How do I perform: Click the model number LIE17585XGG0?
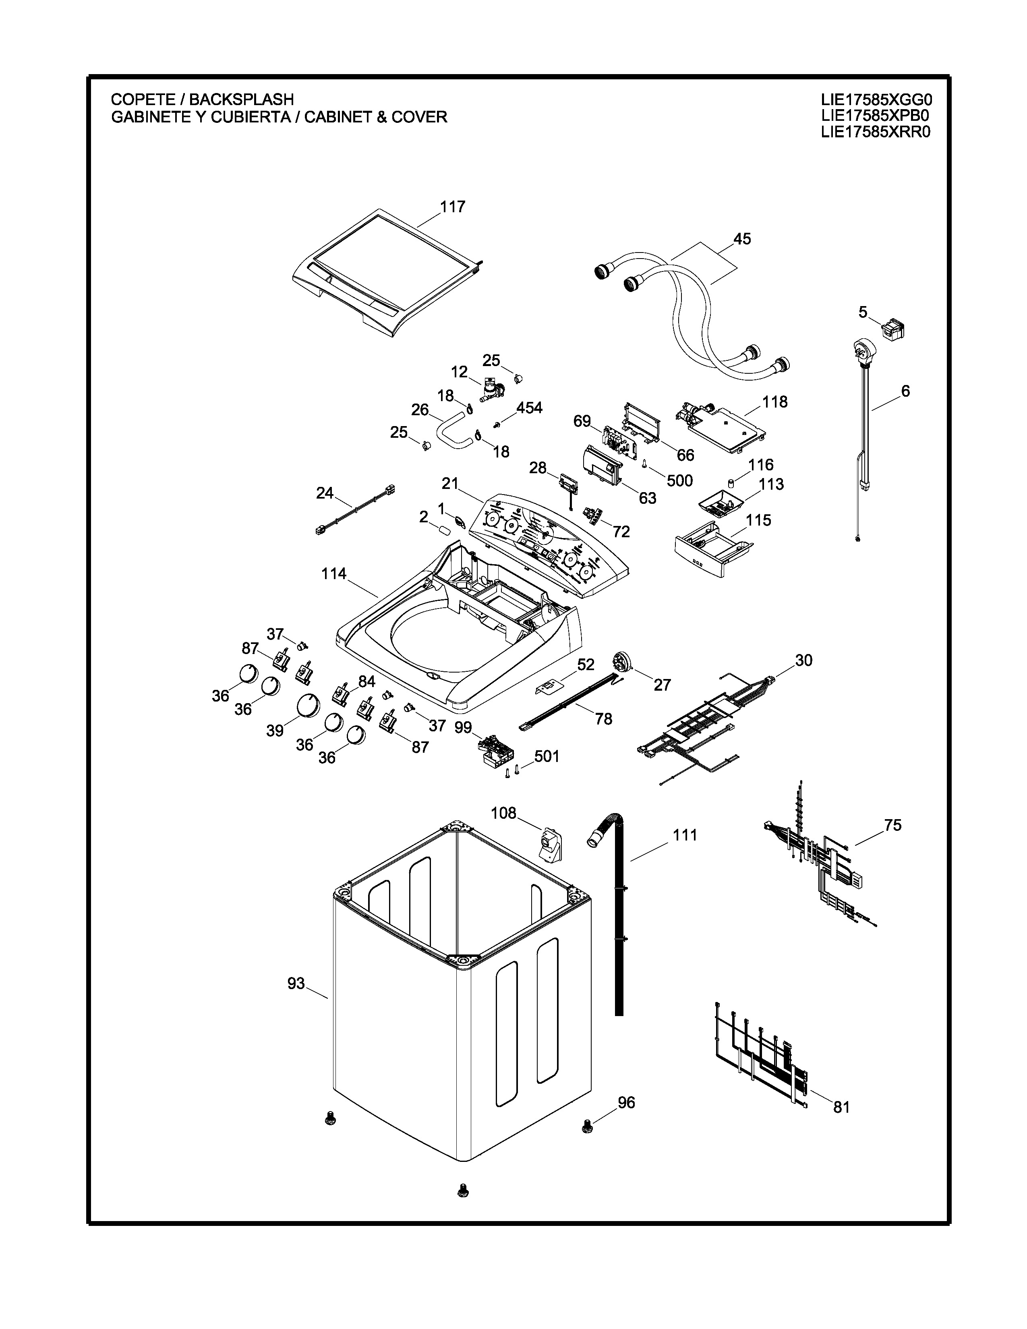tap(876, 99)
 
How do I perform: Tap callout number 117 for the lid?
tap(453, 207)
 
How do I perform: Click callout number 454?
tap(529, 408)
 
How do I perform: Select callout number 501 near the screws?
tap(547, 756)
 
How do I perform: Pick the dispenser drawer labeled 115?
tap(709, 551)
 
